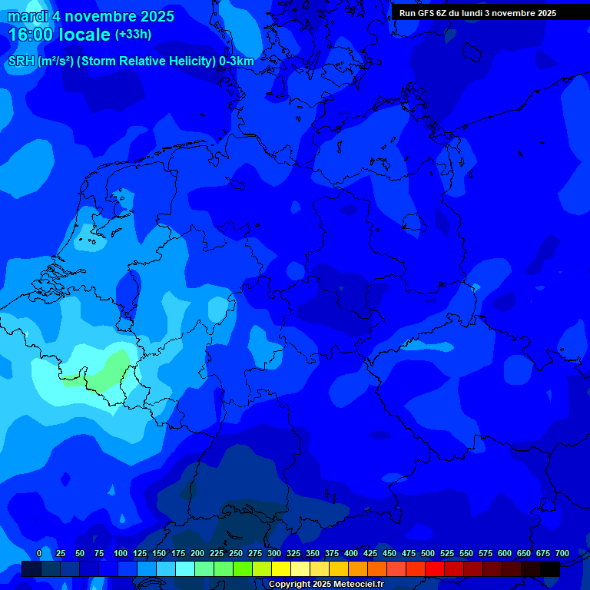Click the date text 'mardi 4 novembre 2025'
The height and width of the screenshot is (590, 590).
(91, 16)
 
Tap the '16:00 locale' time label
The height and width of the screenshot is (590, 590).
(59, 35)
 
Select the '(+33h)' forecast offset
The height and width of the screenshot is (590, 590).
(133, 35)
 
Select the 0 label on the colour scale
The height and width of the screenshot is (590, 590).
(39, 554)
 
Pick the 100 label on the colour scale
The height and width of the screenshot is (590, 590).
(121, 554)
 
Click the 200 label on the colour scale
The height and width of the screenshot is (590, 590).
(197, 554)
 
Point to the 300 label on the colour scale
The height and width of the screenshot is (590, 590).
(274, 554)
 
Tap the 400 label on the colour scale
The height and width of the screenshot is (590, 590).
(351, 554)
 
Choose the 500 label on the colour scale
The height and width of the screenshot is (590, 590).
(428, 554)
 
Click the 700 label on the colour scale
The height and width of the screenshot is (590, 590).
(562, 554)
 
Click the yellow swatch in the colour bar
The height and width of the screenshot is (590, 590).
(281, 568)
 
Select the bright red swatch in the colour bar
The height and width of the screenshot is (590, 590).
(435, 568)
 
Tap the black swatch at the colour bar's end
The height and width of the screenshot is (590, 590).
(550, 568)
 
